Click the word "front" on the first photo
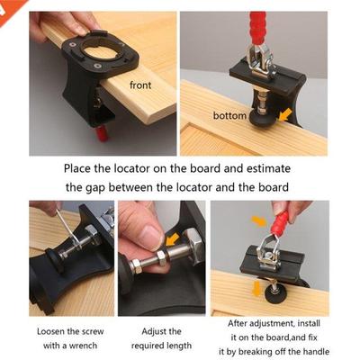[140, 85]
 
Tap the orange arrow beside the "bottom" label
[284, 114]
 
